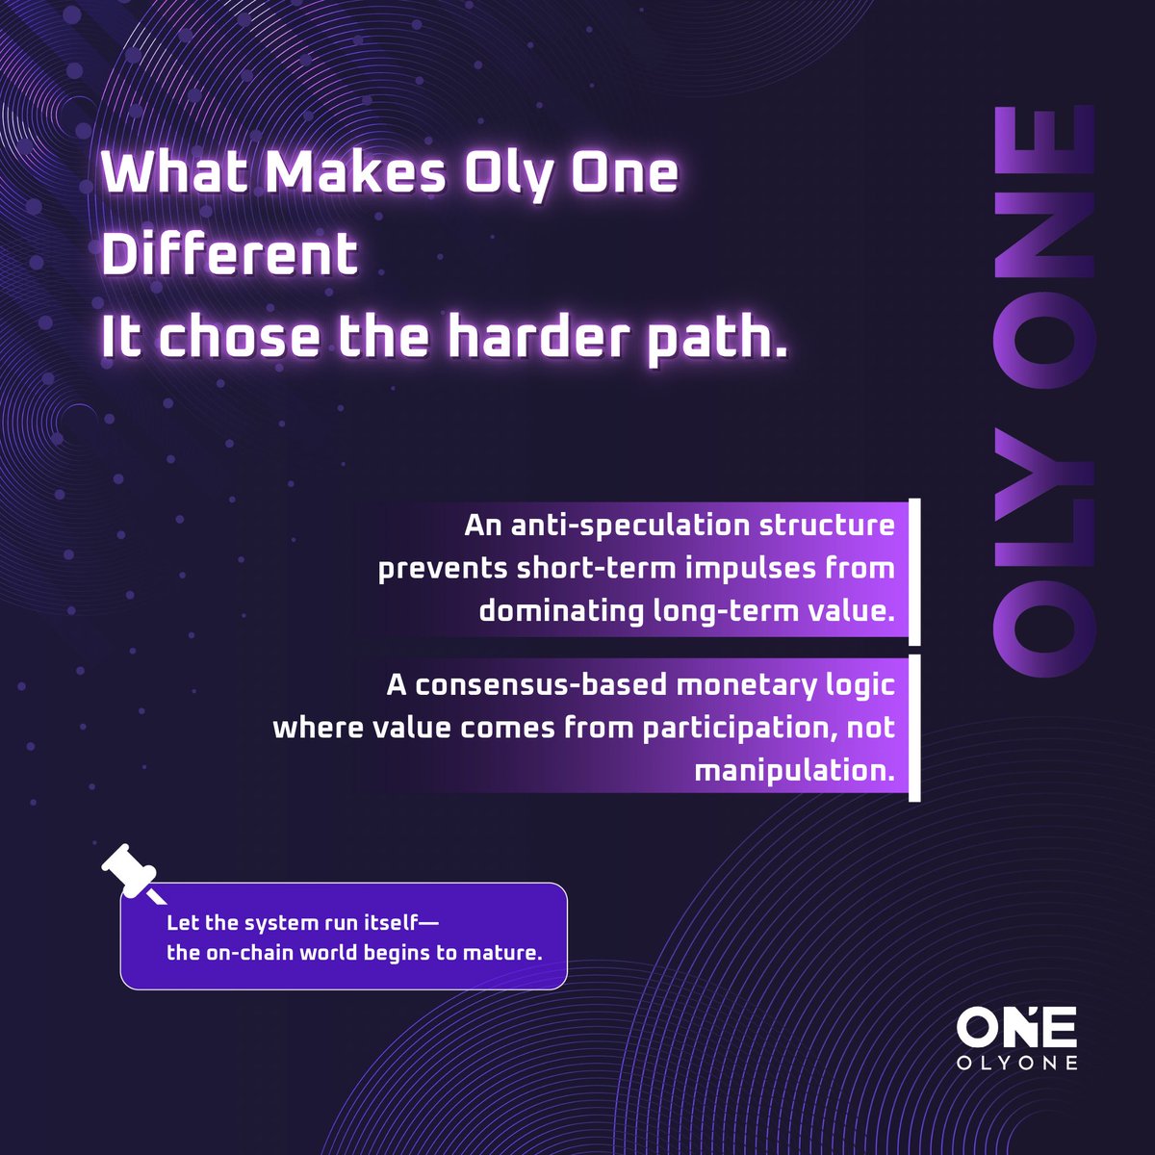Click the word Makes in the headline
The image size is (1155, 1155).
coord(356,173)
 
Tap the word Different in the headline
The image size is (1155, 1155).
coord(230,255)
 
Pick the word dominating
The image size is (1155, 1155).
coord(561,610)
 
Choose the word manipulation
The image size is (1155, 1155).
coord(794,770)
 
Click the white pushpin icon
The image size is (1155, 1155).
coord(130,870)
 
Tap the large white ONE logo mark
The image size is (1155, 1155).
coord(1016,1027)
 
